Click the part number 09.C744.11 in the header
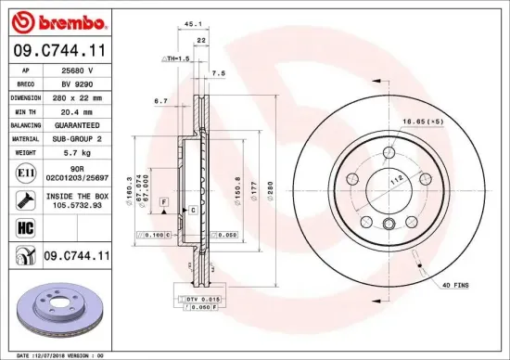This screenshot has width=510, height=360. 57,52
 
